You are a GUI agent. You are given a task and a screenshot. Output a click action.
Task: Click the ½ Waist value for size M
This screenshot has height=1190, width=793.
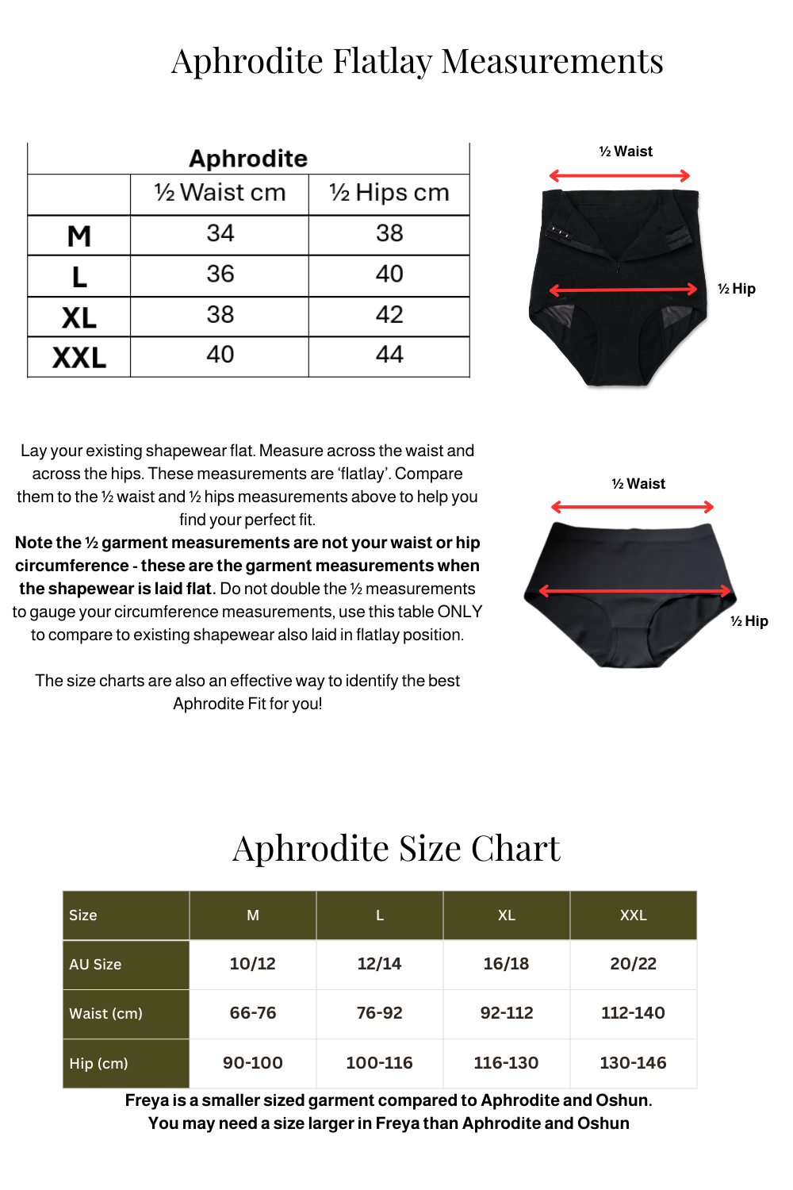click(x=220, y=233)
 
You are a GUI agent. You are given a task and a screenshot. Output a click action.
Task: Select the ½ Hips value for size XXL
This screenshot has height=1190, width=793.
click(x=389, y=355)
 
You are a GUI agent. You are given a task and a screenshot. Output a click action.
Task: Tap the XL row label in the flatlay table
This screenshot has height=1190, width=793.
click(x=79, y=317)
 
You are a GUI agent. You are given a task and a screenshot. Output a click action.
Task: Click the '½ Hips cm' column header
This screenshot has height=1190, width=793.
click(x=389, y=193)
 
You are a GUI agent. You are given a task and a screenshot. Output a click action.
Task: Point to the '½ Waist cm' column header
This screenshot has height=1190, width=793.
click(x=220, y=193)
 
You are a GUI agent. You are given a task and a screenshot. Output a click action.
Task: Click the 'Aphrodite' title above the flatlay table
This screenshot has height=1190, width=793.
click(x=248, y=159)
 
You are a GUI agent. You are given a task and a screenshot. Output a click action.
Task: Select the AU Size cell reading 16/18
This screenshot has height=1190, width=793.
click(x=506, y=964)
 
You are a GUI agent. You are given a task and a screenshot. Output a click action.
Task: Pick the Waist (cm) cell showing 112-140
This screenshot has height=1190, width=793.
click(x=633, y=1013)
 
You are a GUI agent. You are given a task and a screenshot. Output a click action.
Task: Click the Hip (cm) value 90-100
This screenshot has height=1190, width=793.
click(x=253, y=1063)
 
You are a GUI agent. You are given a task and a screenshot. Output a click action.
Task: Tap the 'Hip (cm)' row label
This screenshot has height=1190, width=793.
click(x=99, y=1063)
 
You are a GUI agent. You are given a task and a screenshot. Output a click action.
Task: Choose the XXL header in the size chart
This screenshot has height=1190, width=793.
click(x=633, y=916)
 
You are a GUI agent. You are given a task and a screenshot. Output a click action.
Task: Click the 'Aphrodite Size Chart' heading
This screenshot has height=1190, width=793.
click(x=396, y=848)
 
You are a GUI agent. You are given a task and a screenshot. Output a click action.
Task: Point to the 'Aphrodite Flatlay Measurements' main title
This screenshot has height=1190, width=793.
click(x=417, y=61)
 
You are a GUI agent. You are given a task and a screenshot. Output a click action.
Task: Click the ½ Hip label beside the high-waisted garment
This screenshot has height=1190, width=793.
click(x=737, y=289)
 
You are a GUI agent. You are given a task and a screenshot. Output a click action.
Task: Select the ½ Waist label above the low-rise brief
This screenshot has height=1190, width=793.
click(x=638, y=484)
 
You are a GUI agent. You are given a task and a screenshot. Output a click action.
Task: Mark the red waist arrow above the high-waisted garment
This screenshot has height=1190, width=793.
click(x=619, y=175)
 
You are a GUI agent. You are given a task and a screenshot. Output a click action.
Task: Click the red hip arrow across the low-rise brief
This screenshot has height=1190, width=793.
click(x=634, y=590)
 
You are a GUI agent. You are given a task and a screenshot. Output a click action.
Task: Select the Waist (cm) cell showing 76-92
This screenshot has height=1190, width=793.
click(x=379, y=1013)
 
